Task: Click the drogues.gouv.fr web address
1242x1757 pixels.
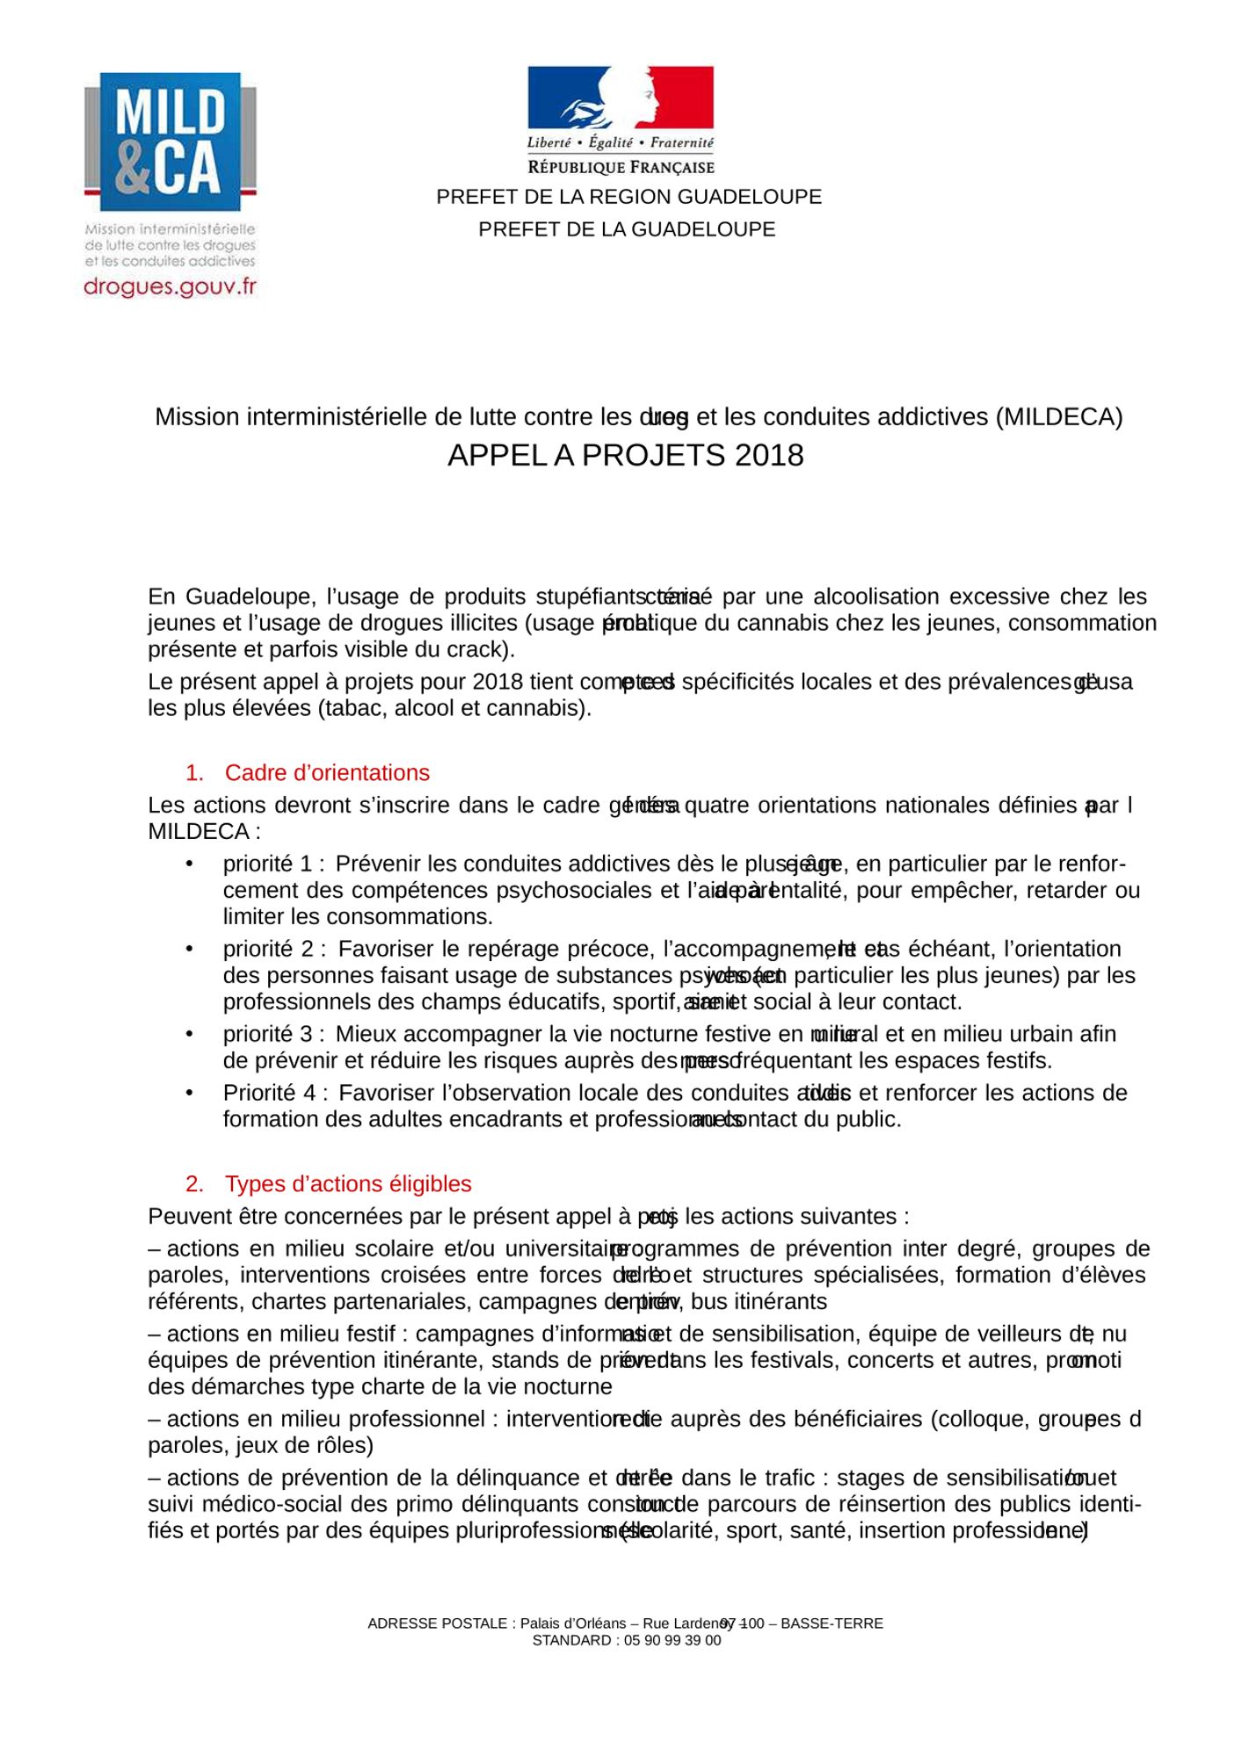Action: click(170, 286)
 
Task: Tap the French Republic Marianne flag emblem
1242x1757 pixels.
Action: click(621, 98)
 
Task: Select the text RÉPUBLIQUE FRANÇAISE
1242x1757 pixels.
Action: click(621, 167)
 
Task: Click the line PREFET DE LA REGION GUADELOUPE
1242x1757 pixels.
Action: click(628, 197)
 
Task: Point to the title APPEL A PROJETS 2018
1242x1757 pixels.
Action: click(625, 455)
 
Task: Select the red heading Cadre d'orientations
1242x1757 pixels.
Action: click(327, 773)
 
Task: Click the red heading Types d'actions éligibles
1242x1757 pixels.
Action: click(348, 1184)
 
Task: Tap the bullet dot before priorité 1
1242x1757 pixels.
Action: click(189, 864)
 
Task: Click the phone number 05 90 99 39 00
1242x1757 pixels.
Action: click(672, 1640)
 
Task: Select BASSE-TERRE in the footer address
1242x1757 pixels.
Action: click(832, 1623)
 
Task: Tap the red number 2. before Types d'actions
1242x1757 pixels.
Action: click(194, 1184)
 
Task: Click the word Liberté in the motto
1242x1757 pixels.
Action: click(548, 142)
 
